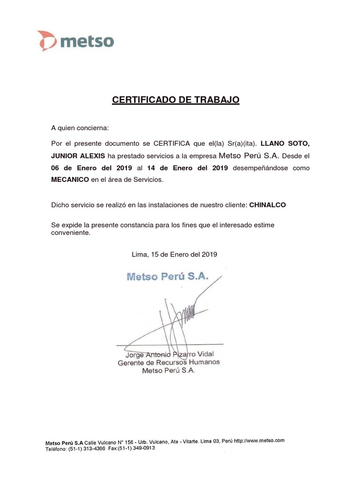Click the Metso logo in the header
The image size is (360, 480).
pos(76,41)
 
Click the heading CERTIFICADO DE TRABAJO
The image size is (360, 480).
pos(176,100)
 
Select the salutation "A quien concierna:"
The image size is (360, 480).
pos(80,127)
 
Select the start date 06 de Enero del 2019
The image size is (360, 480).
pos(91,168)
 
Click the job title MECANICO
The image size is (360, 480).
pos(70,180)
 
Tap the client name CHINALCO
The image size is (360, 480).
pos(267,205)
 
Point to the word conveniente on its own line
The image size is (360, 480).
pos(70,232)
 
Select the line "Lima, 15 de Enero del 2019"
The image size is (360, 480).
pos(174,255)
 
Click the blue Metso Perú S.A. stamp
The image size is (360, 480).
pos(167,276)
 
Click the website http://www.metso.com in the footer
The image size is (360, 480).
pos(259,441)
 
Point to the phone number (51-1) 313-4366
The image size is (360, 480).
pos(87,449)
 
